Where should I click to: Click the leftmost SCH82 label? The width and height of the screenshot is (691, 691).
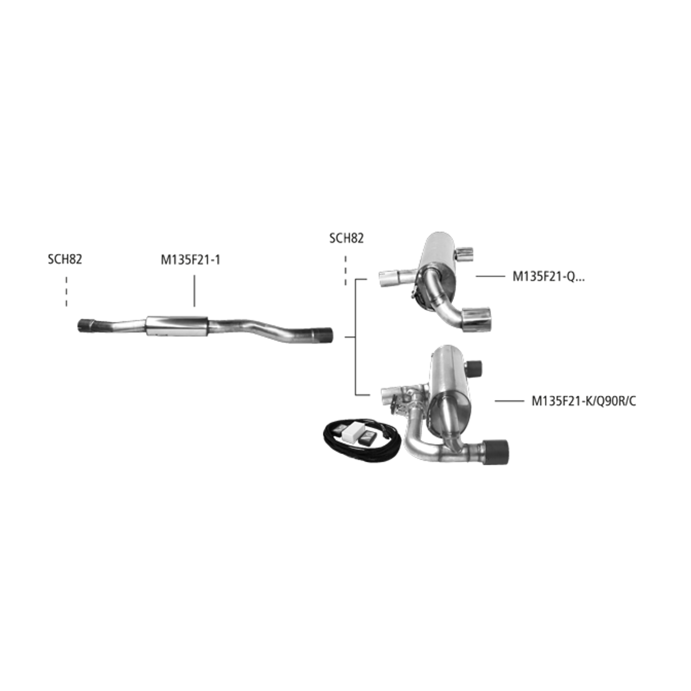[x=65, y=259]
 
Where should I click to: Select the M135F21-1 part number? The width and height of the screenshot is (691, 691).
[x=191, y=260]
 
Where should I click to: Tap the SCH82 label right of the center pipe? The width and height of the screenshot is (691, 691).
[x=347, y=238]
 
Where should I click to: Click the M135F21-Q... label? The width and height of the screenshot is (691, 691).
[x=548, y=276]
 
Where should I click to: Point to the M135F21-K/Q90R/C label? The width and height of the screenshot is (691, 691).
[x=584, y=401]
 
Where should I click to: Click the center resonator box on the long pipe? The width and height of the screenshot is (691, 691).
[x=177, y=326]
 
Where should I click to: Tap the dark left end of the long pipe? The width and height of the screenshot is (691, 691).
[x=86, y=325]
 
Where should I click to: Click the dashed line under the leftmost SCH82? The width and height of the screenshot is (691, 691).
[x=66, y=291]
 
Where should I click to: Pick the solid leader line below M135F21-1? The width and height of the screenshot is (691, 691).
[x=195, y=291]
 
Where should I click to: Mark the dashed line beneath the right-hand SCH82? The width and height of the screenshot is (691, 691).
[x=345, y=271]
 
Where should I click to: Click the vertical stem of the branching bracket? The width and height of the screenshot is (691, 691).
[x=355, y=337]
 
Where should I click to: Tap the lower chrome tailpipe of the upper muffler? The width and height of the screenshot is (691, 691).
[x=476, y=319]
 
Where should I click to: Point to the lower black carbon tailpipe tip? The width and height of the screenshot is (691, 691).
[x=495, y=452]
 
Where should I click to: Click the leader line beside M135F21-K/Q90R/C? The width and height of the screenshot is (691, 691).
[x=509, y=401]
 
